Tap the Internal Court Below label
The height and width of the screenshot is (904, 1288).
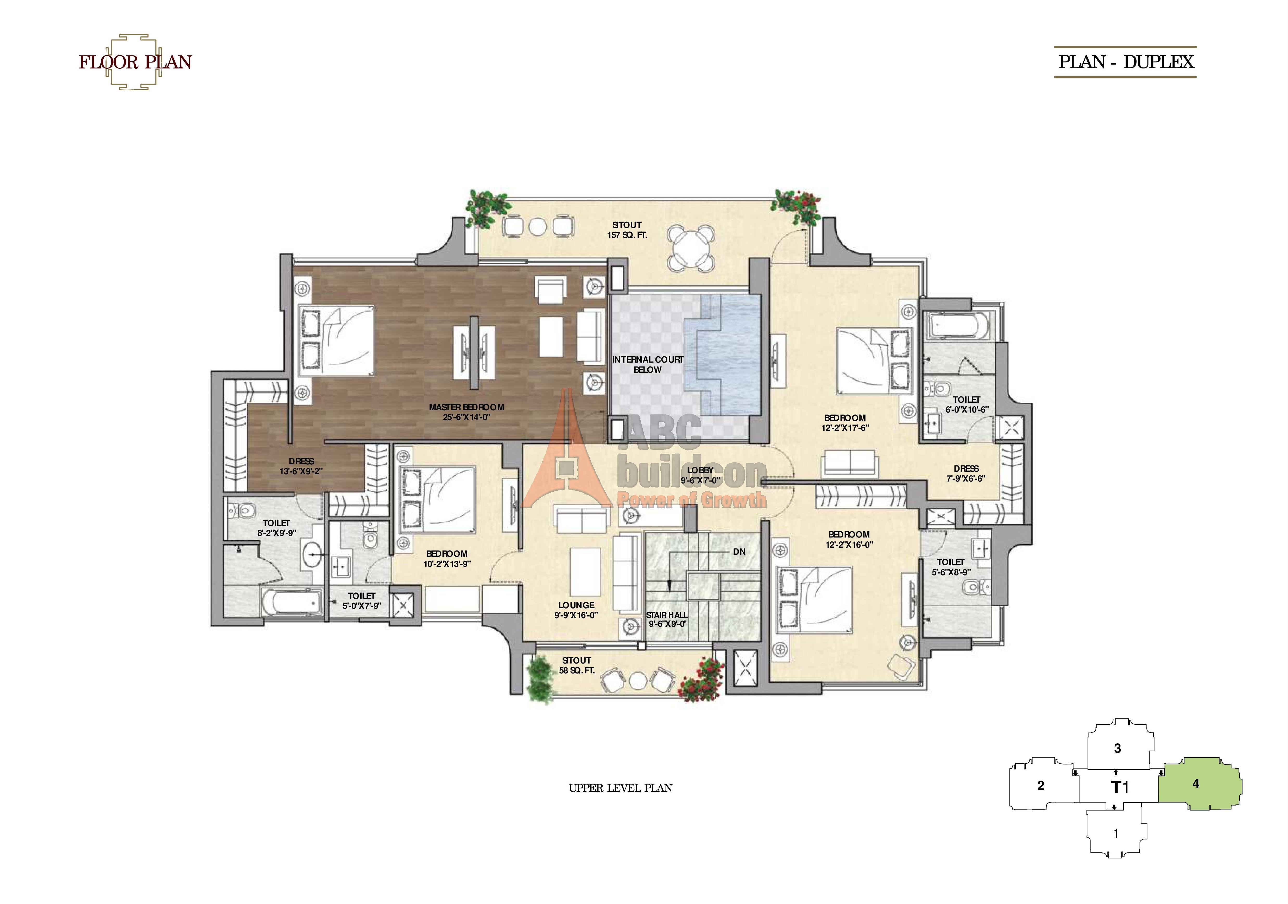pyautogui.click(x=647, y=364)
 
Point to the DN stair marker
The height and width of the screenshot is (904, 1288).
pyautogui.click(x=739, y=552)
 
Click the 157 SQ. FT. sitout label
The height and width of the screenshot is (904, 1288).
pyautogui.click(x=627, y=230)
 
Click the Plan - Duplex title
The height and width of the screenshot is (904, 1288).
pyautogui.click(x=1125, y=62)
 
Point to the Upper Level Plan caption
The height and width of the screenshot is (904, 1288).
pyautogui.click(x=620, y=788)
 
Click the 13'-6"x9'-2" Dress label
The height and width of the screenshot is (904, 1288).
pyautogui.click(x=301, y=466)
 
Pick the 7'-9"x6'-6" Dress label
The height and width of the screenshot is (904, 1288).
pyautogui.click(x=966, y=473)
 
